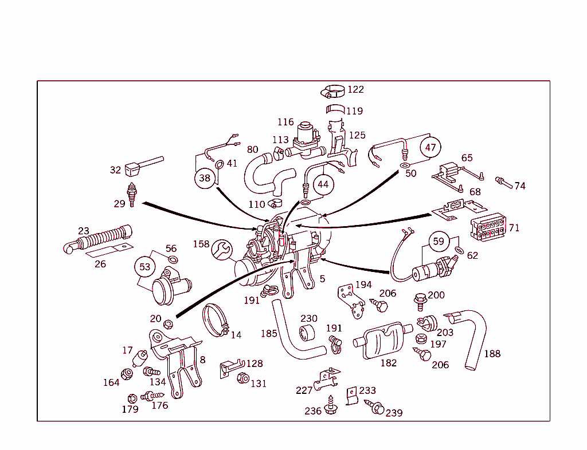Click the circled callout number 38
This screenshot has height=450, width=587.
pyautogui.click(x=205, y=178)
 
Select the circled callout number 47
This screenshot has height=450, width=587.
pyautogui.click(x=431, y=147)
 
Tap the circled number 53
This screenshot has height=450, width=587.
pyautogui.click(x=145, y=267)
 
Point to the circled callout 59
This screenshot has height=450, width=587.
pyautogui.click(x=439, y=242)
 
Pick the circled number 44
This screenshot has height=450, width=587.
pyautogui.click(x=323, y=184)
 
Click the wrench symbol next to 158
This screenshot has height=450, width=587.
pyautogui.click(x=222, y=250)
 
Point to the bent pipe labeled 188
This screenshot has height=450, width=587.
pyautogui.click(x=473, y=338)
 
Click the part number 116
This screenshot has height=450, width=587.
pyautogui.click(x=285, y=122)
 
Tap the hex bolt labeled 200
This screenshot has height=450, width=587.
pyautogui.click(x=420, y=299)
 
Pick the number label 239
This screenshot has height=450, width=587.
pyautogui.click(x=394, y=413)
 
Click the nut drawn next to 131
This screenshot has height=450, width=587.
pyautogui.click(x=242, y=378)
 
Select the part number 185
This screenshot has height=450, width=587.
pyautogui.click(x=269, y=333)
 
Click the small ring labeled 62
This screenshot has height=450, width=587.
pyautogui.click(x=460, y=251)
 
